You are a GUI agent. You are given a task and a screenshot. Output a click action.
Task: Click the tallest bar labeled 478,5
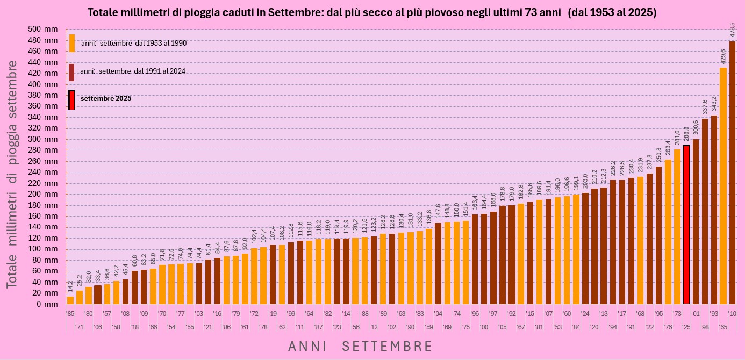[732, 172]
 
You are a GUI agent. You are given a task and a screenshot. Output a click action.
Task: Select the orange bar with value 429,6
[723, 185]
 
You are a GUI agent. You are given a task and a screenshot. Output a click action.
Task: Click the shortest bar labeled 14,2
[70, 300]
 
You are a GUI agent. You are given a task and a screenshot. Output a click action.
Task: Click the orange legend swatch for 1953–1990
[72, 43]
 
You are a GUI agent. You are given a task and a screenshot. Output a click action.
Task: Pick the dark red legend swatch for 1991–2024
[71, 72]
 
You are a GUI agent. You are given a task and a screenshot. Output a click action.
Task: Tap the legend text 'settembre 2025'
[106, 99]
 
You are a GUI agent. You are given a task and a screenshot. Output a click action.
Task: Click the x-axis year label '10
[732, 314]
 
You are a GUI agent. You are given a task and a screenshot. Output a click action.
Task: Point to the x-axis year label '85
[70, 314]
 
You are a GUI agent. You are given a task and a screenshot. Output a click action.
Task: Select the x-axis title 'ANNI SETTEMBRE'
[360, 347]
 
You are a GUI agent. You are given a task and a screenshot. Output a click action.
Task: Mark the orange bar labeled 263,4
[668, 232]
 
